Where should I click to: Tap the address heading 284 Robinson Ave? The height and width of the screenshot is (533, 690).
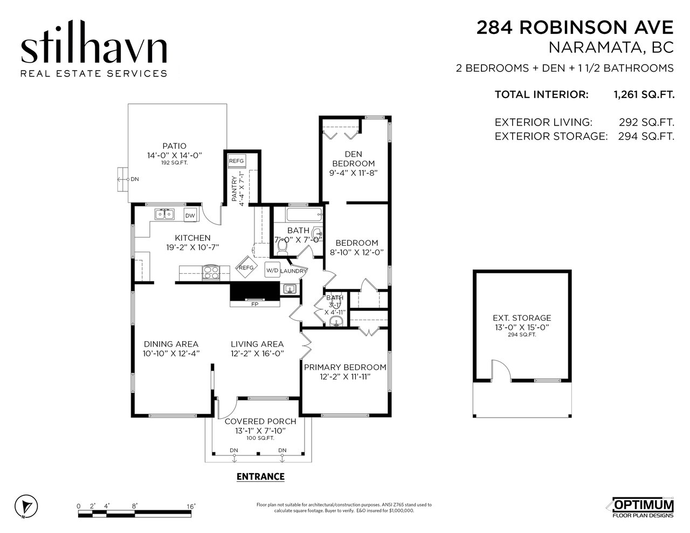[575, 27]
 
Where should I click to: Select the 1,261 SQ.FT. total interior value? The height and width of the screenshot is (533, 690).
[644, 95]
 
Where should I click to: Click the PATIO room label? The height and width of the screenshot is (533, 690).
[174, 146]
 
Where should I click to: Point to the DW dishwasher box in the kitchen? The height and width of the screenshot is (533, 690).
[190, 216]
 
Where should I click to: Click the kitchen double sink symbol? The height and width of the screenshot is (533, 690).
[164, 214]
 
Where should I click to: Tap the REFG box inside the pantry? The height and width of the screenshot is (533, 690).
[237, 161]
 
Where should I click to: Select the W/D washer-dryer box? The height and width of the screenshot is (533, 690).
[272, 270]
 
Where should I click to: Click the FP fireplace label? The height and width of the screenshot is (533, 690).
[254, 304]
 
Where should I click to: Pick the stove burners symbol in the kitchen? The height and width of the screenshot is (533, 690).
[211, 272]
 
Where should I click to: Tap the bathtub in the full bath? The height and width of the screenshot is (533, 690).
[304, 215]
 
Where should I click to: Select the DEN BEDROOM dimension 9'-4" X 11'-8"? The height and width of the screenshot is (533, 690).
[354, 173]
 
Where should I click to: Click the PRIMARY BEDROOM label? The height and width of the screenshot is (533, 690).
[345, 368]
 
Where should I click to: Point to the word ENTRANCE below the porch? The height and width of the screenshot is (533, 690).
[261, 476]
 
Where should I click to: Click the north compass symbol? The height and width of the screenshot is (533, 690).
[26, 506]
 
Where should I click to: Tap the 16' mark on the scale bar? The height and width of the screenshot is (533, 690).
[190, 506]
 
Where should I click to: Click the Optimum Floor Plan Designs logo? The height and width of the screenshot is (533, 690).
[643, 507]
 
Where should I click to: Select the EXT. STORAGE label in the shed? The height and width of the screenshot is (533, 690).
[522, 318]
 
